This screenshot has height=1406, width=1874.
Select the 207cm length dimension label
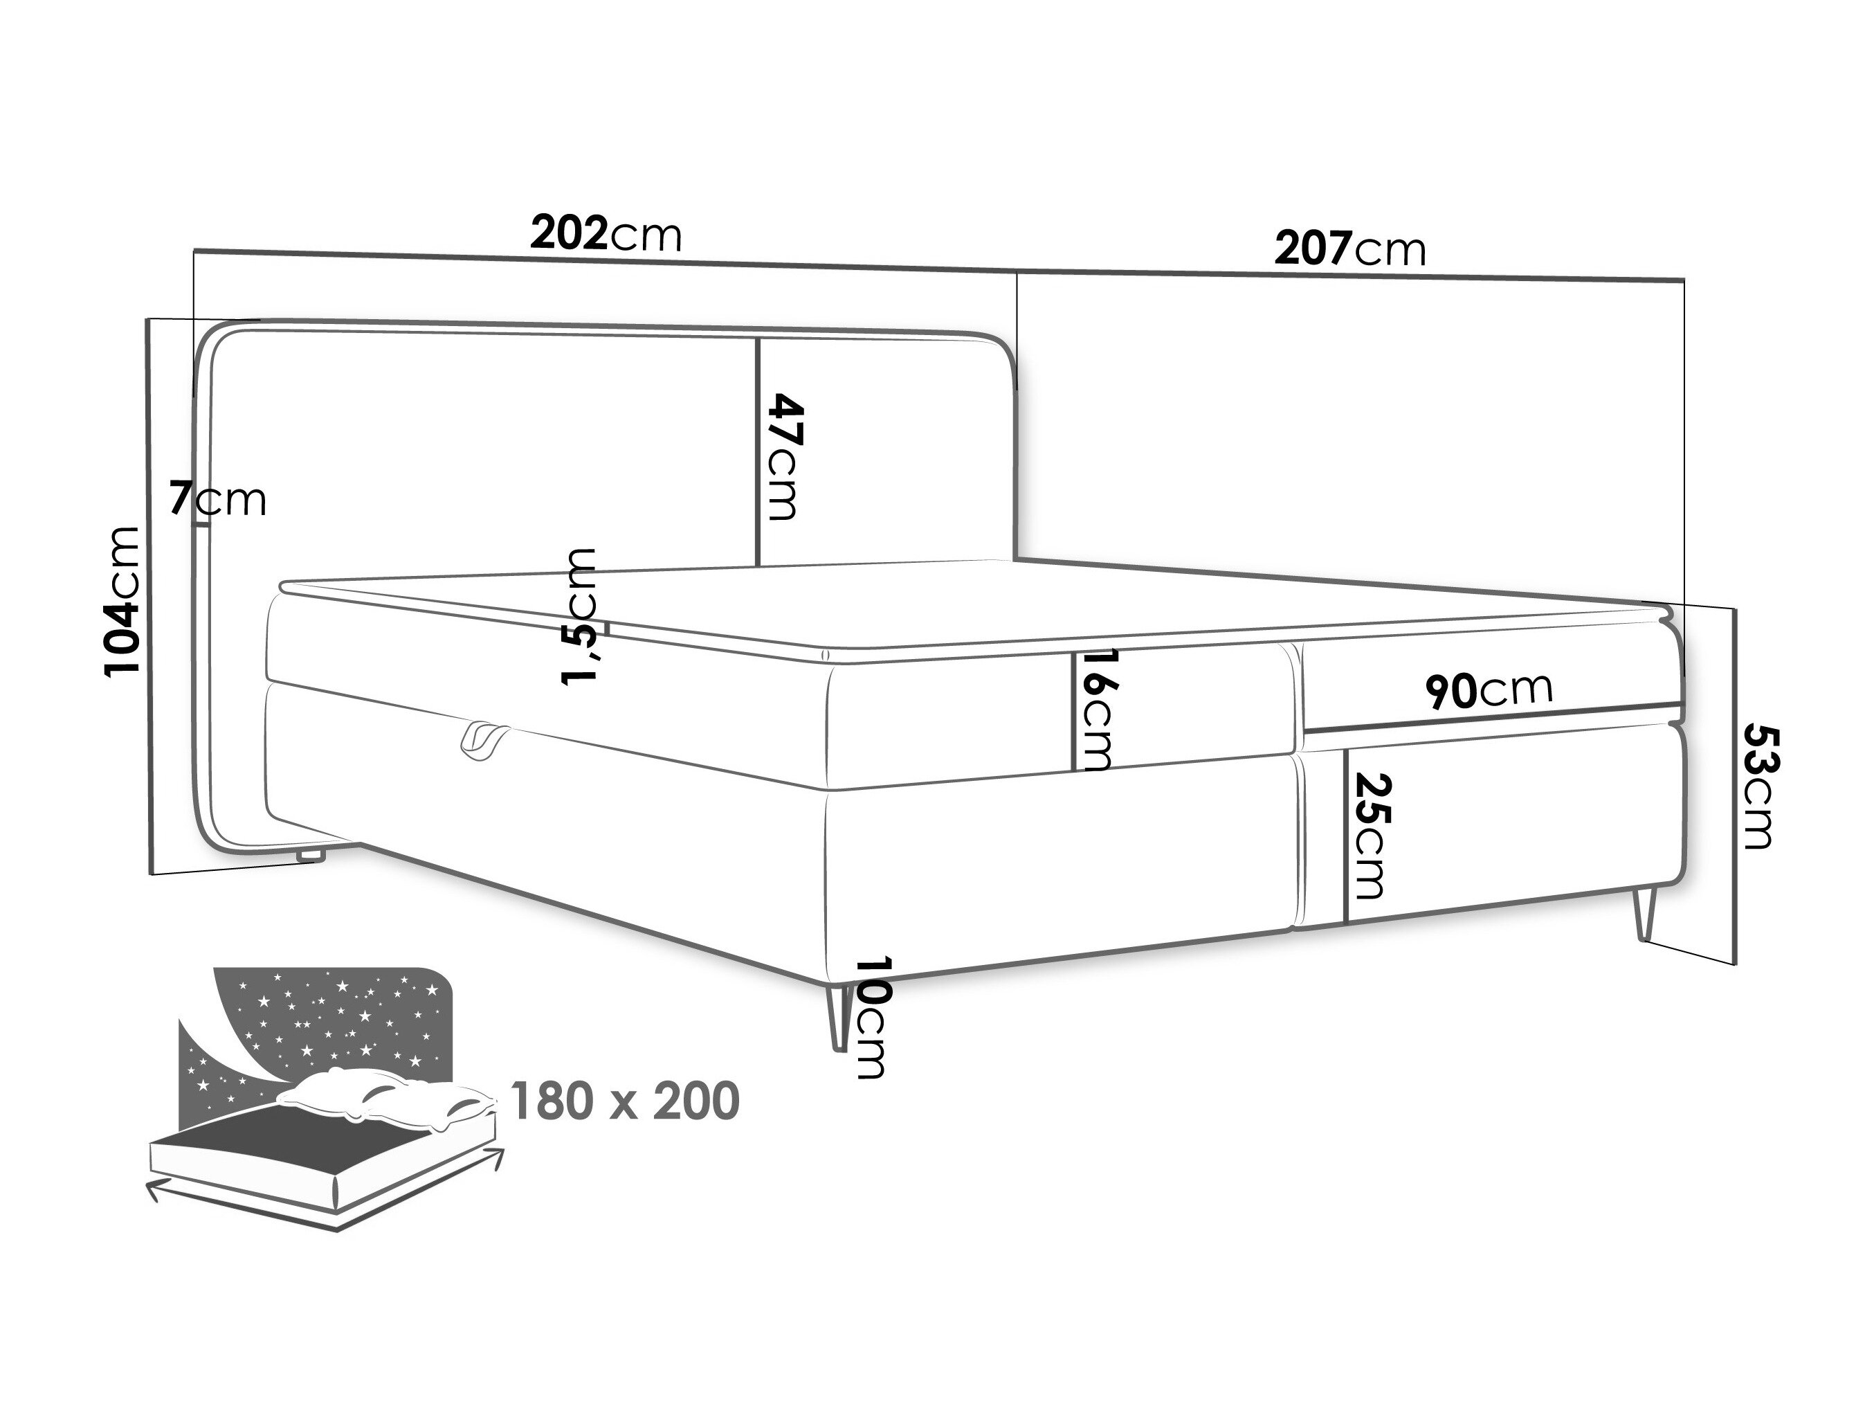click(1350, 249)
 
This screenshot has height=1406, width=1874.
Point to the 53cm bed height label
click(1757, 786)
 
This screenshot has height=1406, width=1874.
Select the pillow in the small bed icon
click(385, 1099)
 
